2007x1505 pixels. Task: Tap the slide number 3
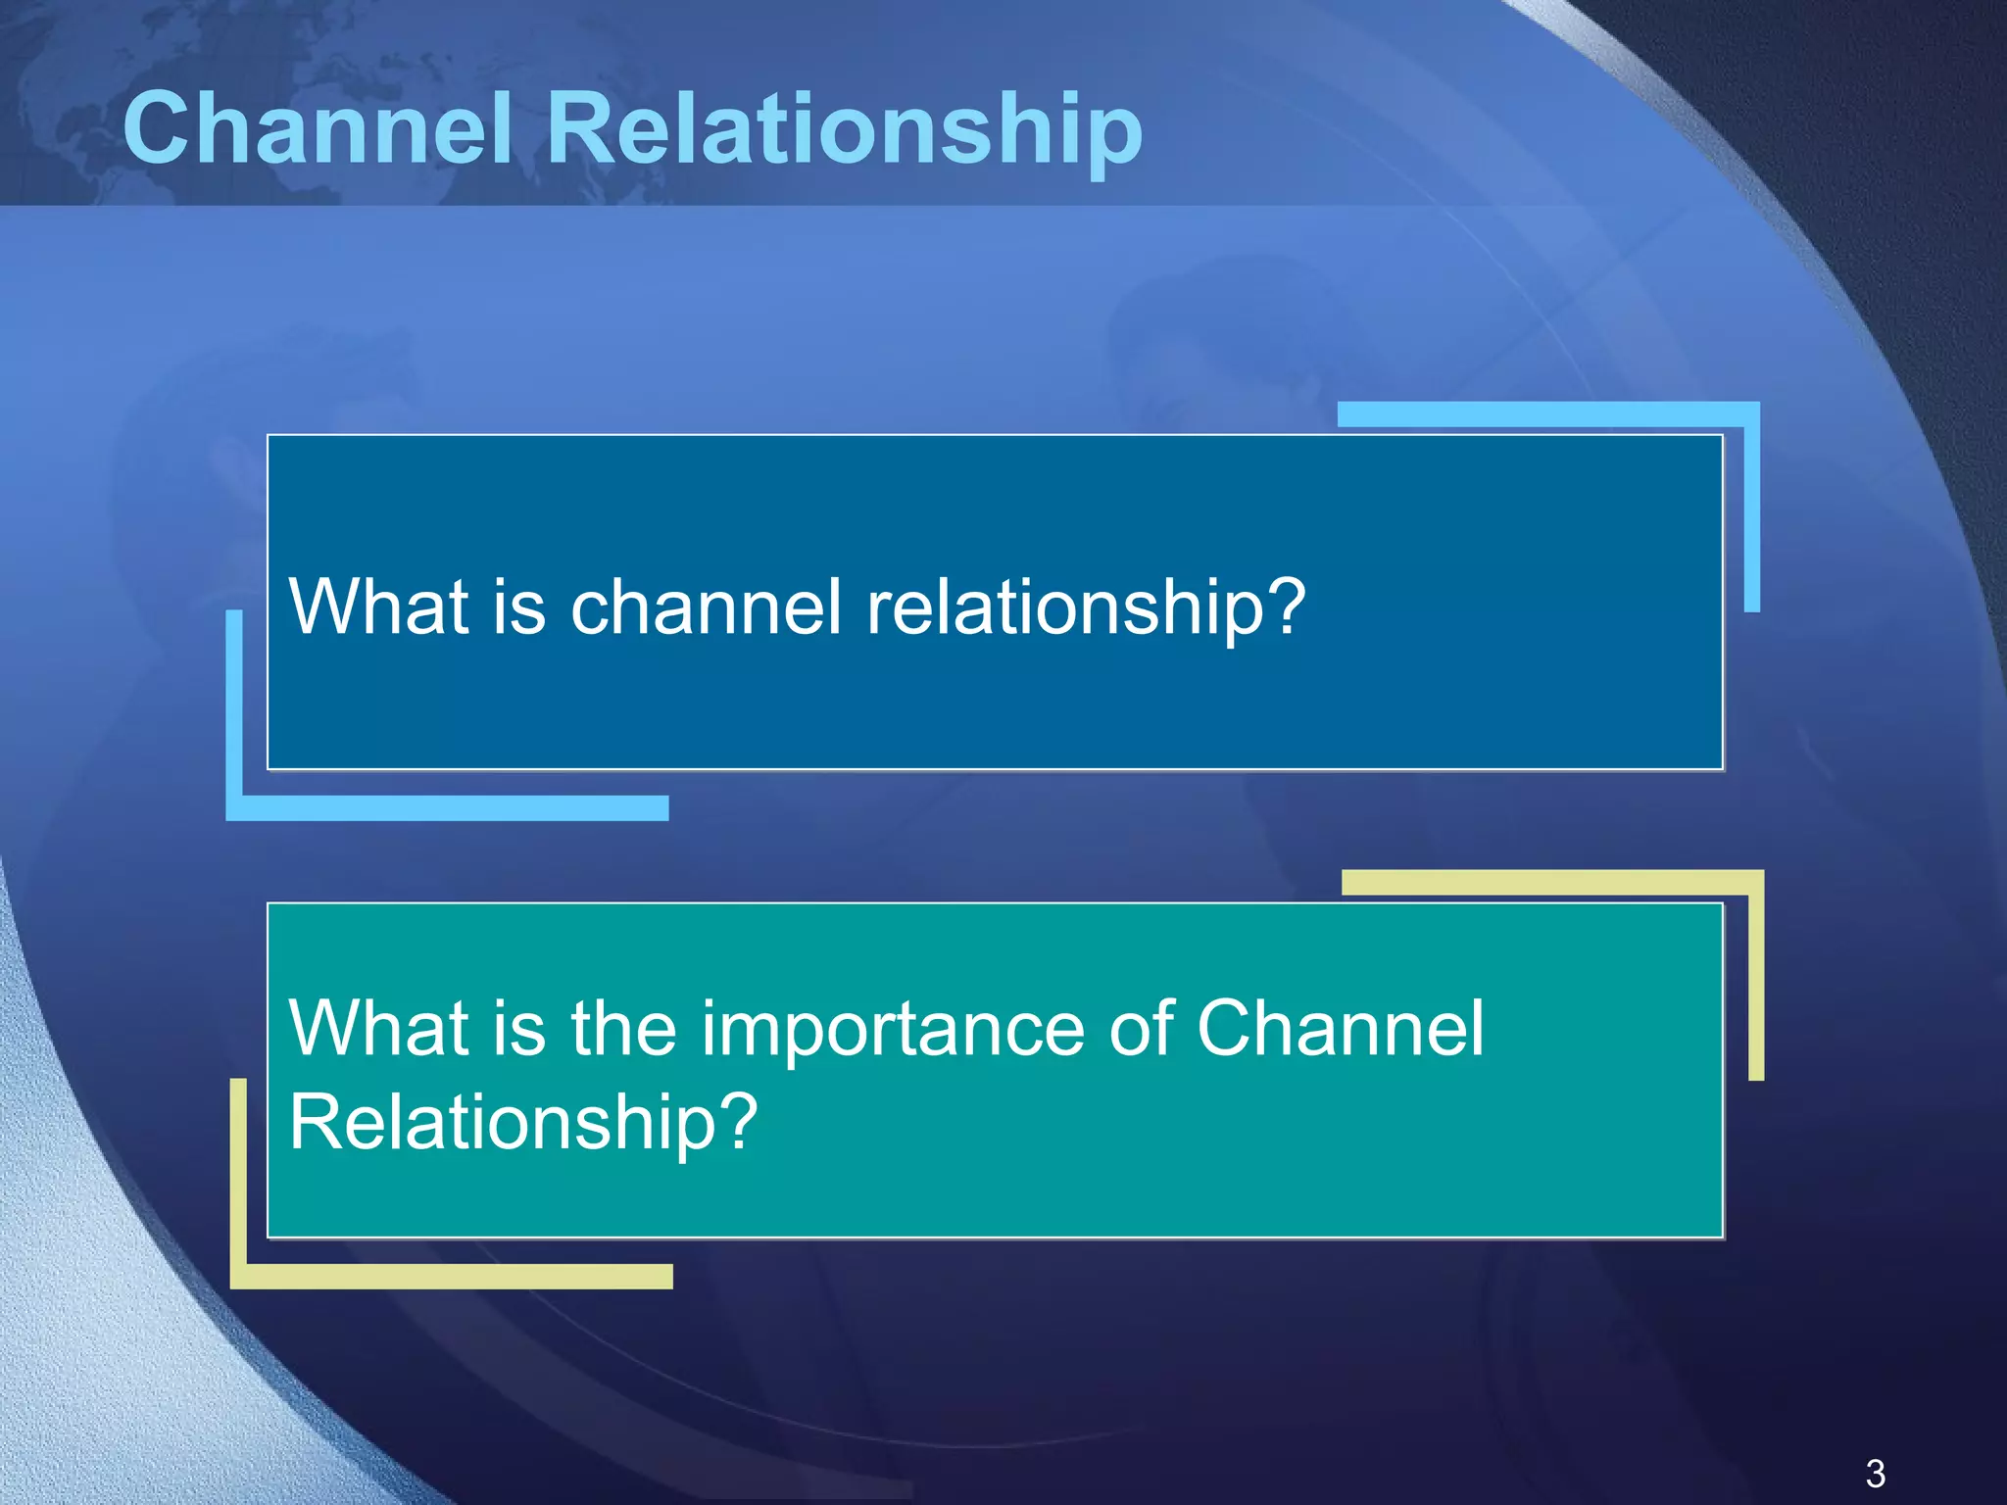coord(1876,1474)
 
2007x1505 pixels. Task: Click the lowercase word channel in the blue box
coord(706,607)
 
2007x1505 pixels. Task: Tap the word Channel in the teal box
coord(1340,1028)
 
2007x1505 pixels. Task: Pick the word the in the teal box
coord(623,1029)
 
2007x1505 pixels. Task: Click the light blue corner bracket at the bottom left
coord(235,805)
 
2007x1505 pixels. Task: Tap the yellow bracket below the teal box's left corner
coord(239,1274)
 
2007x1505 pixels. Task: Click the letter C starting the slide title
coord(158,128)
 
